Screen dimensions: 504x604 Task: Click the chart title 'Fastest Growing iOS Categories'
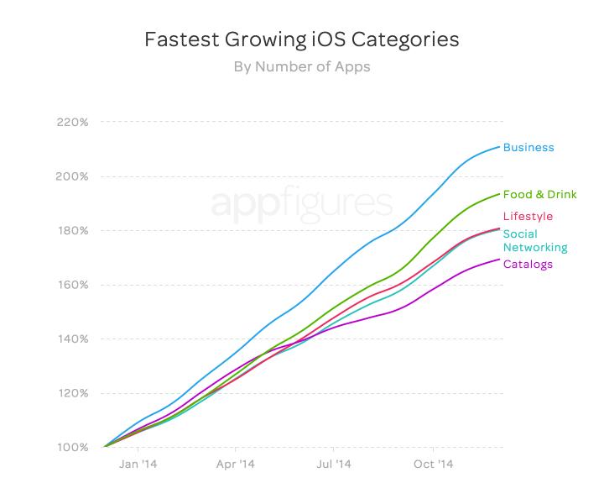[302, 39]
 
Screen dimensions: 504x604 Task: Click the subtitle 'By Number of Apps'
[302, 67]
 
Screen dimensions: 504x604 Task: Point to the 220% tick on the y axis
[72, 123]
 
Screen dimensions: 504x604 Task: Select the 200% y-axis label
[72, 176]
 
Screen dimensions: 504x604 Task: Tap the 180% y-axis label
[72, 231]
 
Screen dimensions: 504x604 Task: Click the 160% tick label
[72, 285]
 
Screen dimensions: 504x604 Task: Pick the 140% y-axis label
[72, 339]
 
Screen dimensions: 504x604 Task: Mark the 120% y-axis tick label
[72, 393]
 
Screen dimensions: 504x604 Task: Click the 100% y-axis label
[72, 447]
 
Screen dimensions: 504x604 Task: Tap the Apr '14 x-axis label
[236, 463]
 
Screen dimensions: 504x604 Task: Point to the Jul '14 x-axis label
[335, 463]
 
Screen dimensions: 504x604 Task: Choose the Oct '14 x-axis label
[434, 463]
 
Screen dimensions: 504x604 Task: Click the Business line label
[528, 148]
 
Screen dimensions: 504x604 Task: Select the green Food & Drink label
[539, 195]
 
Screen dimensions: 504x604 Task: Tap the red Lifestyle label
[528, 217]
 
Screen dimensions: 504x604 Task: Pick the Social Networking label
[534, 241]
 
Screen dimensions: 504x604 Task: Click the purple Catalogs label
[528, 265]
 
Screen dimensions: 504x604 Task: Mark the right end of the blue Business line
[500, 147]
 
